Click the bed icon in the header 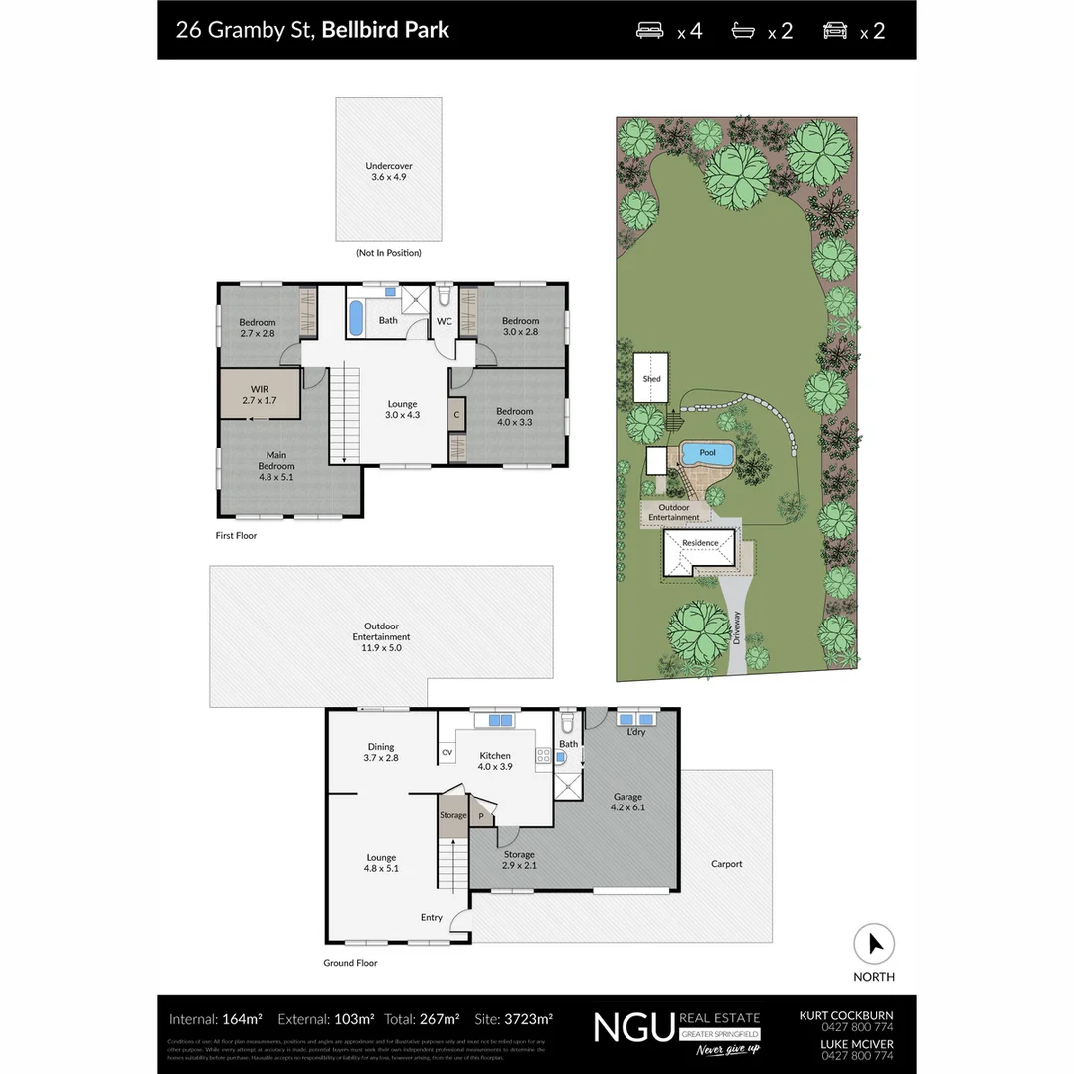[652, 30]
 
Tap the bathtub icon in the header [744, 30]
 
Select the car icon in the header [835, 30]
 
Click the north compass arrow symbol [874, 944]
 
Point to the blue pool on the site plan [707, 454]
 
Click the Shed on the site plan [652, 379]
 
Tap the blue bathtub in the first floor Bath [356, 317]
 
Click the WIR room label [259, 394]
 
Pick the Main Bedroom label [275, 460]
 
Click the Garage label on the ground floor [627, 802]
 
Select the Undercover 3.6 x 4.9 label [388, 171]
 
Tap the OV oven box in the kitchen [447, 752]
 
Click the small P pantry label [482, 815]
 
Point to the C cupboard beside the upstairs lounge [456, 415]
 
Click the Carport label [726, 864]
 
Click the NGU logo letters [634, 1027]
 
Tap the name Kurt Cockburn [845, 1015]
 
